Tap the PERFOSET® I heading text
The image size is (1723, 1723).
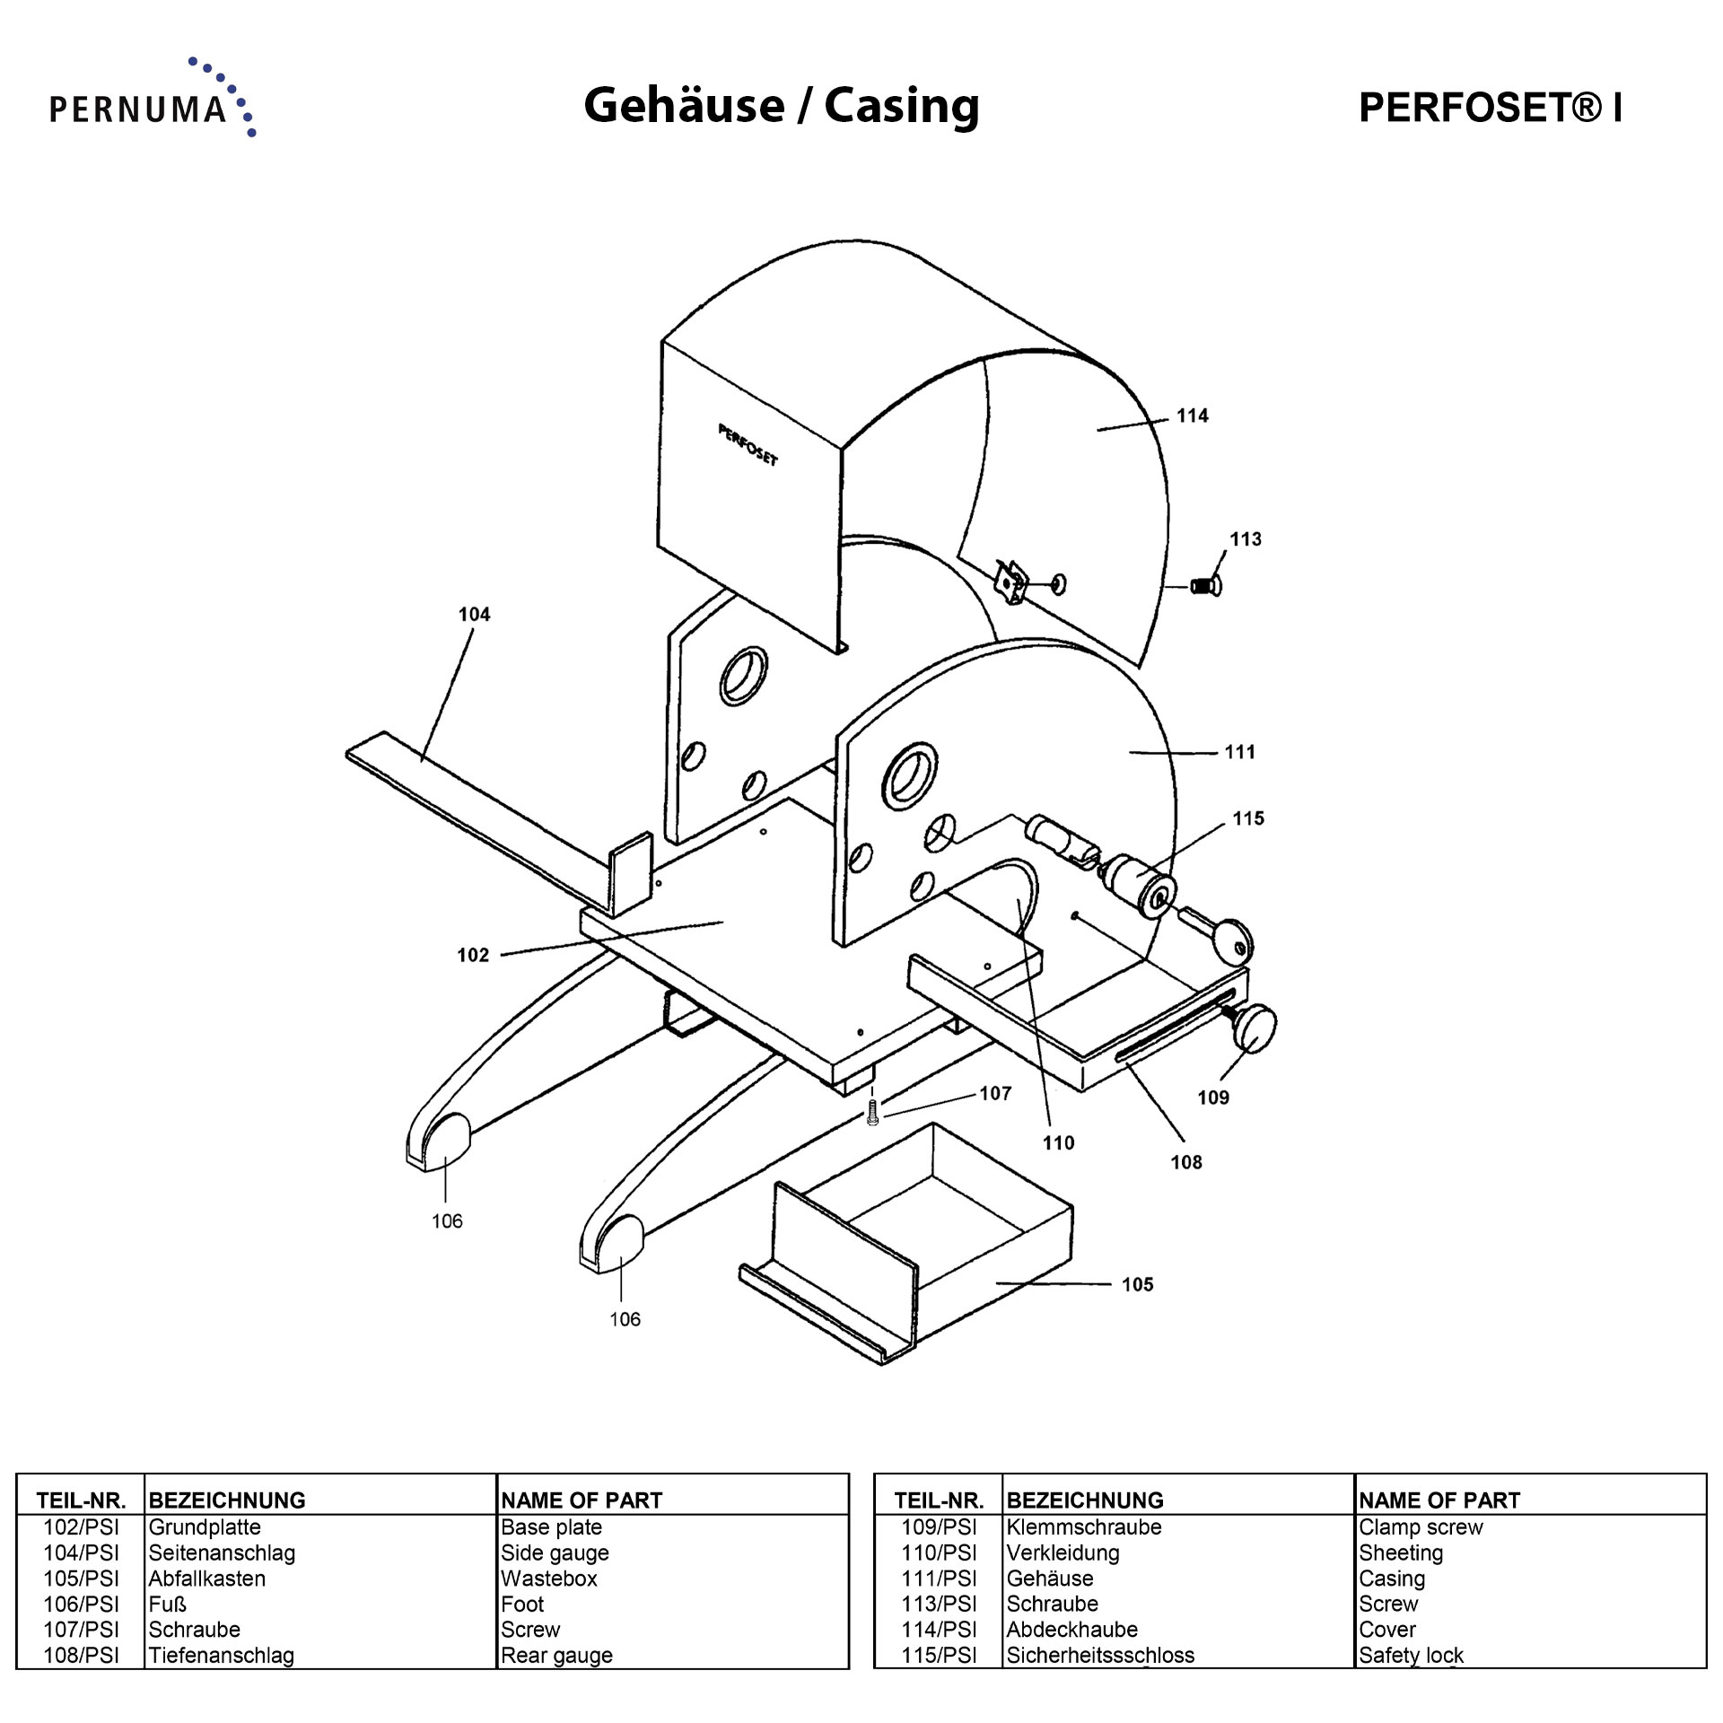pos(1490,108)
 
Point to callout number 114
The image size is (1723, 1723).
pos(1193,415)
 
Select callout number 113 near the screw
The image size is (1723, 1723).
pos(1245,539)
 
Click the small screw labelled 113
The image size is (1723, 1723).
pos(1204,587)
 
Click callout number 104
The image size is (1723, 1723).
pos(474,615)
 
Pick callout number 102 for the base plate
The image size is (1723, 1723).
pos(473,955)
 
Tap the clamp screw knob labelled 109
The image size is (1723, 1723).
pos(1255,1028)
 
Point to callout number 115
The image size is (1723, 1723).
pos(1248,818)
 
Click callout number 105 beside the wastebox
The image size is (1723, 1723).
pos(1137,1284)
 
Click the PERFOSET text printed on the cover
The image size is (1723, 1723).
pos(748,445)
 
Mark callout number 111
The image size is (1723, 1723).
pos(1240,752)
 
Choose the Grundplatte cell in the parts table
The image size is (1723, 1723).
pos(205,1526)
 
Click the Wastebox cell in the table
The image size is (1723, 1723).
pos(549,1578)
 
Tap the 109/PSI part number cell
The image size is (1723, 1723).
pos(939,1526)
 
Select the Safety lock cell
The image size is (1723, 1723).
pos(1411,1655)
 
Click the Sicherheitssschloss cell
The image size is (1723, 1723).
pos(1100,1655)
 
